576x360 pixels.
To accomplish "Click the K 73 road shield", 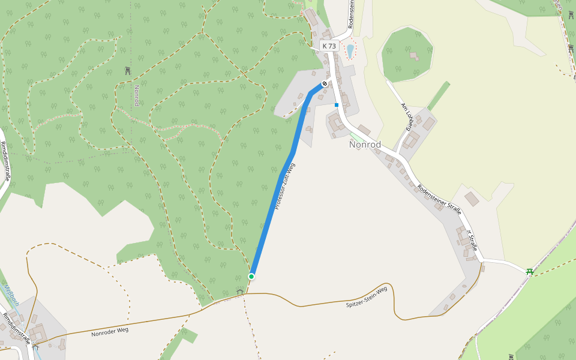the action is pyautogui.click(x=329, y=46).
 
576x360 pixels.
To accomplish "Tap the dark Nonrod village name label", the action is pyautogui.click(x=365, y=145).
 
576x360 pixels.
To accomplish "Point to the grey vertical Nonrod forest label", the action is pyautogui.click(x=136, y=95).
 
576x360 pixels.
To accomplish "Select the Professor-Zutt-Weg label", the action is pyautogui.click(x=286, y=186).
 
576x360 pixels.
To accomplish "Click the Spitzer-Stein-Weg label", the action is pyautogui.click(x=367, y=298).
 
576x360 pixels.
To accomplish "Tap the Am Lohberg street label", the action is pyautogui.click(x=407, y=116).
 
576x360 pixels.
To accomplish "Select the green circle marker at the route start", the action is pyautogui.click(x=251, y=277).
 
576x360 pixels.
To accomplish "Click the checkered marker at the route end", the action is pyautogui.click(x=324, y=83).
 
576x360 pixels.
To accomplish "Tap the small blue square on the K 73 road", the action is pyautogui.click(x=337, y=105).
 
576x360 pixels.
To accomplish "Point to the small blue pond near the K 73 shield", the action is pyautogui.click(x=350, y=50).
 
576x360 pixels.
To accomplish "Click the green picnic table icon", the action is pyautogui.click(x=530, y=271).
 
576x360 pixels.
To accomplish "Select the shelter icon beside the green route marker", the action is pyautogui.click(x=240, y=292).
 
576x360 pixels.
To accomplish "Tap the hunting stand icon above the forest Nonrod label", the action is pyautogui.click(x=127, y=71).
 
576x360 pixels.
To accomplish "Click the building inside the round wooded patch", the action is pyautogui.click(x=413, y=56).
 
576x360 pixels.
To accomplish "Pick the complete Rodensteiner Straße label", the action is pyautogui.click(x=439, y=199).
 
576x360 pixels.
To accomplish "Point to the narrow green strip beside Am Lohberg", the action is pyautogui.click(x=439, y=96).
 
